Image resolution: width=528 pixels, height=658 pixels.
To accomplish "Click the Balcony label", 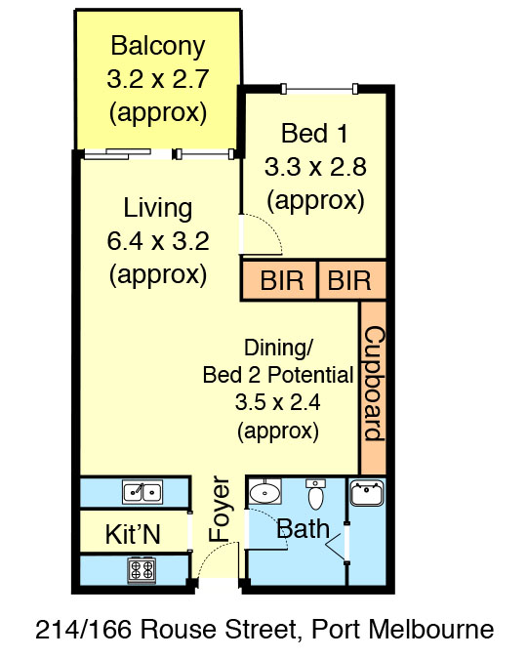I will pyautogui.click(x=158, y=46).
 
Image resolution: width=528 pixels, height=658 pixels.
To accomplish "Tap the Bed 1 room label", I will pyautogui.click(x=314, y=133).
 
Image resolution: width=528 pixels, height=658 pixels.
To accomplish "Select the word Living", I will pyautogui.click(x=158, y=208).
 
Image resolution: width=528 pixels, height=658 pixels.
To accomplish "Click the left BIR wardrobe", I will pyautogui.click(x=279, y=281).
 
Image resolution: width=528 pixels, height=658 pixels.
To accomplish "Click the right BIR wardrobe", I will pyautogui.click(x=349, y=281).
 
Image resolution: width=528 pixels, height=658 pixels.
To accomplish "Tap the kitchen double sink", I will pyautogui.click(x=142, y=492).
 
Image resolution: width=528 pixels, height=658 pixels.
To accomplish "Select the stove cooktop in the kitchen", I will pyautogui.click(x=142, y=568).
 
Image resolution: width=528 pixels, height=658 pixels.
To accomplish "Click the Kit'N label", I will pyautogui.click(x=132, y=533).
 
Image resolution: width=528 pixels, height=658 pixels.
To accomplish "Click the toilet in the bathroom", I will pyautogui.click(x=315, y=495).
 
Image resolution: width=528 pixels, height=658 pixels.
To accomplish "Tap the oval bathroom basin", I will pyautogui.click(x=264, y=493).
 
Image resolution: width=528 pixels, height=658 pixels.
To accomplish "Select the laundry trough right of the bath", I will pyautogui.click(x=367, y=494).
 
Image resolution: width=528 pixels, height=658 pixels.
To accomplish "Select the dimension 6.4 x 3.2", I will pyautogui.click(x=158, y=240).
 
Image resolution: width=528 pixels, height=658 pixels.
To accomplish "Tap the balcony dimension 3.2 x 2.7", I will pyautogui.click(x=158, y=78).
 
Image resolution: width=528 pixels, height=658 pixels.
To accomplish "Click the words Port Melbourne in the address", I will pyautogui.click(x=401, y=630).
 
